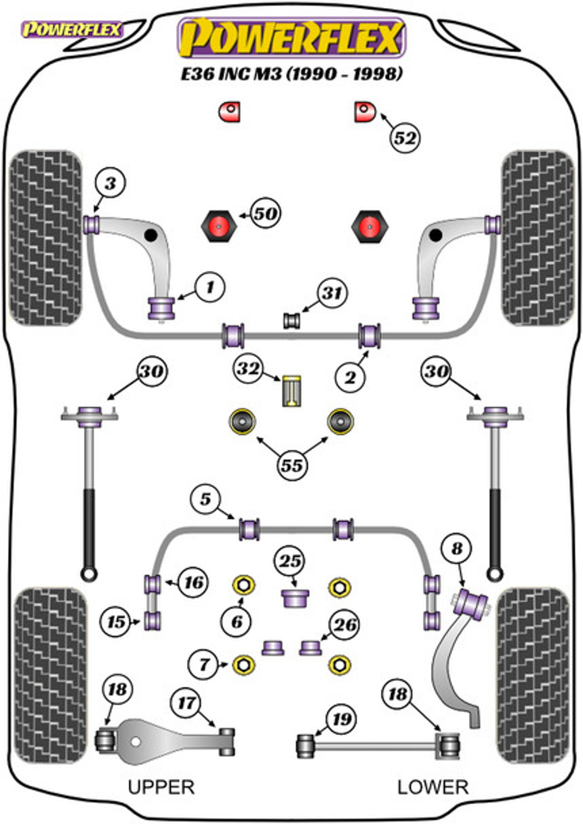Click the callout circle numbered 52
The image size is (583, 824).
point(405,138)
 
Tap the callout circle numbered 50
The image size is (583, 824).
point(265,214)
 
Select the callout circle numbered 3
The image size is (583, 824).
point(111,183)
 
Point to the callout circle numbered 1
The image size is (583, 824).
point(210,287)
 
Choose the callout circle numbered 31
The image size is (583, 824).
point(332,293)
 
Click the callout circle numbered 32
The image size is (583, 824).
point(248,368)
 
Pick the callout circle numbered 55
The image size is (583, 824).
point(291,465)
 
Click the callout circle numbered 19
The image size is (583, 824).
point(341,719)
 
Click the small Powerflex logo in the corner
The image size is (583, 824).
point(72,30)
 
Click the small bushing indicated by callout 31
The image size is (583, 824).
point(292,321)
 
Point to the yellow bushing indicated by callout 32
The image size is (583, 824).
point(292,391)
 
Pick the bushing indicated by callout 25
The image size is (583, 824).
point(295,598)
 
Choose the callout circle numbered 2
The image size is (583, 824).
point(350,377)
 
